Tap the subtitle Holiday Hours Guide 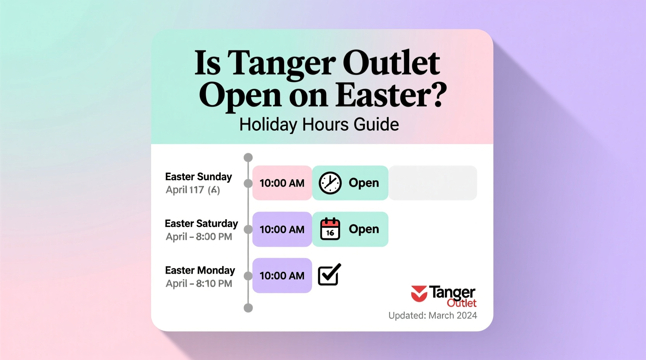(319, 125)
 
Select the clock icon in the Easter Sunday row (330, 183)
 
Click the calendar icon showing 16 (330, 229)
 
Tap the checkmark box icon (329, 275)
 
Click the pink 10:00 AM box (282, 183)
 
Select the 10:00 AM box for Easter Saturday (282, 229)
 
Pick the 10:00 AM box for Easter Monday (282, 275)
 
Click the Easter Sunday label (198, 177)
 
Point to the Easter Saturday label (201, 223)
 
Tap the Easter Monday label (200, 270)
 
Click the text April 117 (185, 190)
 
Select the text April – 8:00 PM (199, 237)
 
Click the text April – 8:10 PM (199, 284)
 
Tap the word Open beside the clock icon (363, 183)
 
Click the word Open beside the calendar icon (363, 229)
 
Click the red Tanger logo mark (419, 294)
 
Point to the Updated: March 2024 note (432, 315)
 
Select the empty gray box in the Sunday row (433, 183)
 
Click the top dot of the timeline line (248, 157)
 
